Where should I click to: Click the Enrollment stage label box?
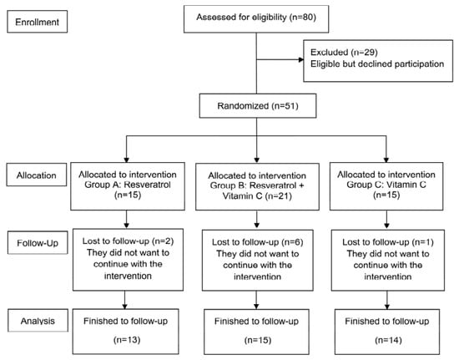coord(38,22)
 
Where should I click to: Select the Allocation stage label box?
coord(37,175)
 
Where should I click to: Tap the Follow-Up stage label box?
coord(38,242)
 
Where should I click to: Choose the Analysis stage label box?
coord(38,321)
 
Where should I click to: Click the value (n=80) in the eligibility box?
coord(302,18)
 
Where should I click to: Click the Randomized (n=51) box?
coord(258,106)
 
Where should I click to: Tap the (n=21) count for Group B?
coord(279,195)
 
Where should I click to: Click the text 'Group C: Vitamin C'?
coord(386,185)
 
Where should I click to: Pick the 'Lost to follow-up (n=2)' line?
coord(128,241)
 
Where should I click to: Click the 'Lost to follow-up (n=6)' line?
coord(258,242)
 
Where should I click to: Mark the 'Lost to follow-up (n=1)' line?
coord(388,242)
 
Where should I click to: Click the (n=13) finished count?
coord(127,340)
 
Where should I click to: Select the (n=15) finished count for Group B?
coord(258,340)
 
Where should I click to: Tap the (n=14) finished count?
coord(388,340)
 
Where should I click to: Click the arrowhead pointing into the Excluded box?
coord(301,60)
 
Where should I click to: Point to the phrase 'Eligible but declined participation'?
coord(377,63)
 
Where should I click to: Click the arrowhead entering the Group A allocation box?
coord(127,160)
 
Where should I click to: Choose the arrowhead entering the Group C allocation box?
coord(386,160)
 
